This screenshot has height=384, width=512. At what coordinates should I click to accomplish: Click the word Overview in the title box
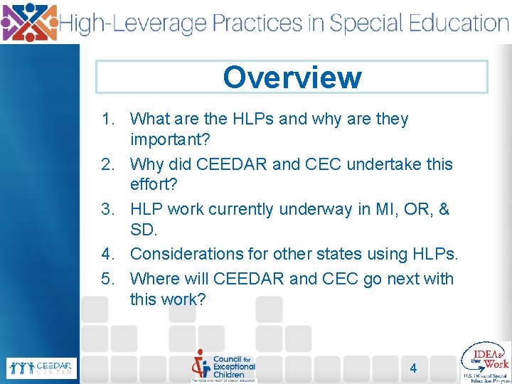point(292,78)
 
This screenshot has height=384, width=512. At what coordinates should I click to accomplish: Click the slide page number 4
point(413,368)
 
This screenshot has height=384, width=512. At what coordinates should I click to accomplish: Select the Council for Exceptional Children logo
point(223,366)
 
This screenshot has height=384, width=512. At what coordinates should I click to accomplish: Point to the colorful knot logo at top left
point(29,21)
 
